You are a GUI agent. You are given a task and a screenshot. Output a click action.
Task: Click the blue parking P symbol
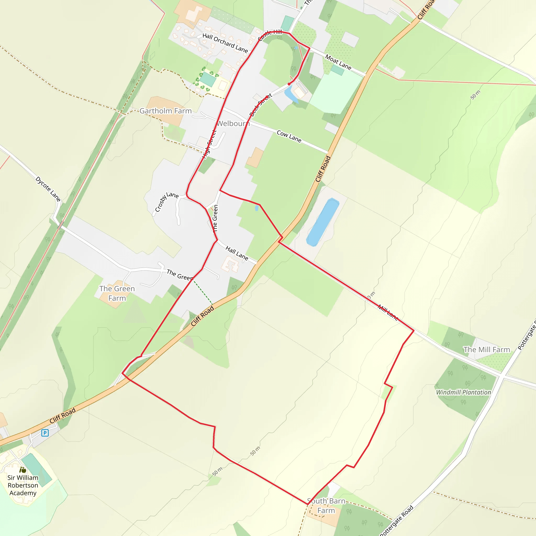coord(45,433)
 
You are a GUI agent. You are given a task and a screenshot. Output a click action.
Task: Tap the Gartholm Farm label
coord(165,111)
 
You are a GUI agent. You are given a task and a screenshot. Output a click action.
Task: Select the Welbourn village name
coord(233,124)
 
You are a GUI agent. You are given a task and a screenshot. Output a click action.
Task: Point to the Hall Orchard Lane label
coord(225,43)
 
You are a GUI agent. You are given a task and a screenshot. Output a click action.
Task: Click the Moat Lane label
coord(338,62)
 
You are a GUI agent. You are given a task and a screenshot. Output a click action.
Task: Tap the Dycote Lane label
coord(48,189)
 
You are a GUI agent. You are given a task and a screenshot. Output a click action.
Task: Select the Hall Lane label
coord(237,253)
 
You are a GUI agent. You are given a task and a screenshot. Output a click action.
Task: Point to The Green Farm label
coord(117,293)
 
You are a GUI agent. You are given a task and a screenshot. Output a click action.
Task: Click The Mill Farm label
coord(487,350)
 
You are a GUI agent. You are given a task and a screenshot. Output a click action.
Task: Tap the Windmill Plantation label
coord(463,392)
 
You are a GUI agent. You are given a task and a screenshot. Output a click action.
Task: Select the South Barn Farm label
coord(326,506)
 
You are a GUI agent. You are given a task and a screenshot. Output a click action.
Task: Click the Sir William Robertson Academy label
coord(23,485)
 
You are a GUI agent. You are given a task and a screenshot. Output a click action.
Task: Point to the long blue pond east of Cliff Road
coord(323,222)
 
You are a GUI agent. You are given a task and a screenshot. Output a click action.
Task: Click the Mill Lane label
coord(388,312)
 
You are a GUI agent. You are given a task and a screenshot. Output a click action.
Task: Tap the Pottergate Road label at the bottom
coord(397,521)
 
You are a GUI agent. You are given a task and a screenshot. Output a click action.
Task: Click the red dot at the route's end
coord(289,84)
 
